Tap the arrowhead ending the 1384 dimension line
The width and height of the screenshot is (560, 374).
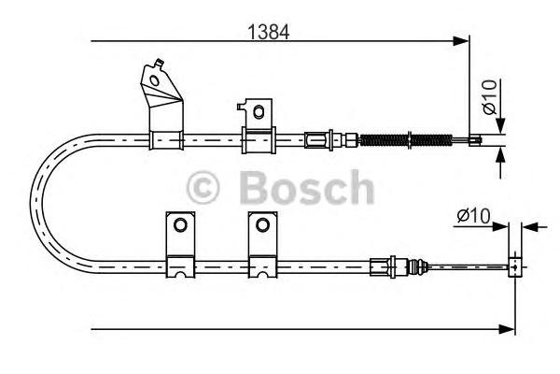tap(461, 41)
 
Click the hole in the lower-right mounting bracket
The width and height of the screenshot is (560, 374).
tap(262, 225)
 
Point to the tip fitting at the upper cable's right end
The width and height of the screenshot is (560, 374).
tap(474, 142)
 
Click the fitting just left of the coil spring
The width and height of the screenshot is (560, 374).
tap(320, 142)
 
